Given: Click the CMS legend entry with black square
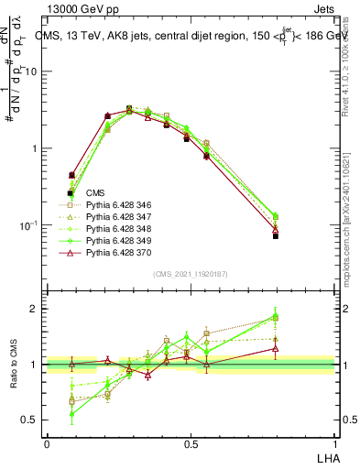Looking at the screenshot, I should tap(96, 193).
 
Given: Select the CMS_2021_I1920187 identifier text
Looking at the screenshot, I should tap(191, 274).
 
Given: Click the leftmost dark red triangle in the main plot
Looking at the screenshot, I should tap(71, 174).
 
